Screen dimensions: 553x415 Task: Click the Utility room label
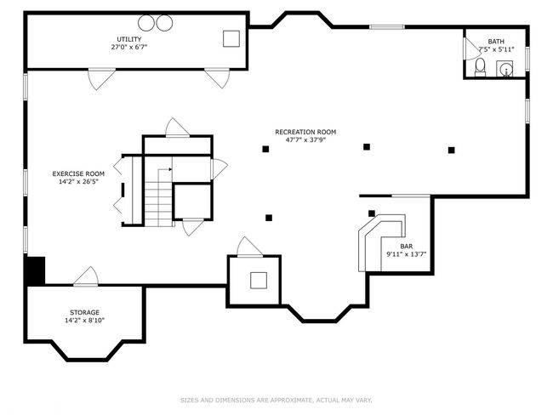tap(129, 39)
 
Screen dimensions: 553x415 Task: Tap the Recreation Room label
tap(305, 132)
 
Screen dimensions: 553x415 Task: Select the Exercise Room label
tap(78, 173)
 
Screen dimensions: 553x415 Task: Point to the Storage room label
tap(84, 312)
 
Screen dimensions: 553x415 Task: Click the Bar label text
tap(407, 247)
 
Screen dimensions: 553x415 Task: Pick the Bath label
tap(496, 42)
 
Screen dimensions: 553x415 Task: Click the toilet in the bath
tap(480, 67)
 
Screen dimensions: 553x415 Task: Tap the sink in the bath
tap(505, 68)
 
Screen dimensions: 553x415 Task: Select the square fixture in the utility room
tap(231, 39)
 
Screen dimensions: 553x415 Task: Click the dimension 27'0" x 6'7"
tap(129, 48)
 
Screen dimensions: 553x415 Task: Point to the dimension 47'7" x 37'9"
tap(305, 140)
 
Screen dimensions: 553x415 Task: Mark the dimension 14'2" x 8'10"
tap(84, 321)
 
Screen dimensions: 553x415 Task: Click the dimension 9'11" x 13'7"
tap(407, 254)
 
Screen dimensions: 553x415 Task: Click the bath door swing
tap(471, 48)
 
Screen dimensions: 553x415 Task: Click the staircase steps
tap(158, 208)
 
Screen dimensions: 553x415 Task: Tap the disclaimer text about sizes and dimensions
tap(276, 401)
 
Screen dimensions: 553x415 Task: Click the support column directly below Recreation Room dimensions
tap(265, 149)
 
